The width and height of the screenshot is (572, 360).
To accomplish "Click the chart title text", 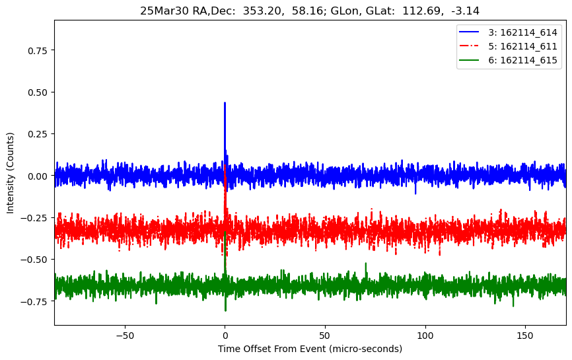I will (x=310, y=11).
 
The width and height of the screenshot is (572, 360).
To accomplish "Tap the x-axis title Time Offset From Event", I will (x=310, y=349).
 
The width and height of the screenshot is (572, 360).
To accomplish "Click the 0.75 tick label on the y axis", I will (x=38, y=50).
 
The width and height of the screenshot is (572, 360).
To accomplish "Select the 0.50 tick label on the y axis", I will (x=38, y=92).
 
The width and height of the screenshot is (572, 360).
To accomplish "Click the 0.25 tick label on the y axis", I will (x=38, y=133).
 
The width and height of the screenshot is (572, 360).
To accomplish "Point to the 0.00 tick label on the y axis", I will (x=38, y=176).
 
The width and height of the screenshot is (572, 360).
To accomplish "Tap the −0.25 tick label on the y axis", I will (x=36, y=217).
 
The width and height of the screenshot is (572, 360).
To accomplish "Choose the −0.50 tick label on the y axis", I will (x=36, y=260).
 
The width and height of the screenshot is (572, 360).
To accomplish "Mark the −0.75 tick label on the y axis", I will (x=36, y=301).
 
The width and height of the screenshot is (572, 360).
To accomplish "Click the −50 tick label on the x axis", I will (x=124, y=334).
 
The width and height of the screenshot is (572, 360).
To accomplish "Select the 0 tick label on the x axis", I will (x=225, y=334).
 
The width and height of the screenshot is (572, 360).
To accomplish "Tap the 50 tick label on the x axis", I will (x=325, y=334).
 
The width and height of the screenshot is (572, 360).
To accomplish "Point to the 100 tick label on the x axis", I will (x=425, y=334).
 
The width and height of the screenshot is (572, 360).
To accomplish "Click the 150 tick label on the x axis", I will (x=526, y=334).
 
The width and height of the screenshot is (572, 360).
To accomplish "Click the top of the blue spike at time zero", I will (x=225, y=103).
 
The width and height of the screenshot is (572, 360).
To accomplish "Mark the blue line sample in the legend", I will (x=471, y=32).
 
